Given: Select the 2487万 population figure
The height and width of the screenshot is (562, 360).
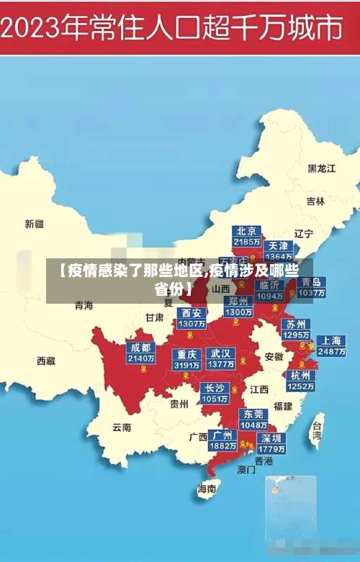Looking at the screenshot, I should point(331,352).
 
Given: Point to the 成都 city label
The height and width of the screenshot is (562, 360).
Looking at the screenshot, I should point(140,348).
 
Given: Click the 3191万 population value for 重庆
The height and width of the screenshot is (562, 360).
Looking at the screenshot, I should point(186,365).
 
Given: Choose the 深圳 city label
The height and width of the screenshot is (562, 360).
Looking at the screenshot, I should point(272,438).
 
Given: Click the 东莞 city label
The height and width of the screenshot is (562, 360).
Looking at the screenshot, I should point(253,414).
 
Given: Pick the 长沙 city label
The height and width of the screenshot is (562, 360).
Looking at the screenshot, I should point(215,388).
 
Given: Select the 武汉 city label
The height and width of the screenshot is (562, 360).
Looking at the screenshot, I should point(220,353).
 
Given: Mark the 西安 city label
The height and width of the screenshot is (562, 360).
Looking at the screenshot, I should point(192,313).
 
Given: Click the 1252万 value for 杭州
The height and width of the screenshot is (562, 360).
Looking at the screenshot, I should point(300,386).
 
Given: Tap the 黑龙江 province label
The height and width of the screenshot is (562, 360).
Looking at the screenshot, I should point(322,168).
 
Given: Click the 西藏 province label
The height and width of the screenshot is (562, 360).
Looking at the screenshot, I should point(46,361).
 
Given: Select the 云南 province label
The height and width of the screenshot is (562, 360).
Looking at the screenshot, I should point(122,427).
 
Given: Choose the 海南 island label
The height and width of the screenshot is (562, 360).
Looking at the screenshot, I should point(207,489).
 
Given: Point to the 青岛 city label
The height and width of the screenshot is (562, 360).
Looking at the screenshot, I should point(311,282).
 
